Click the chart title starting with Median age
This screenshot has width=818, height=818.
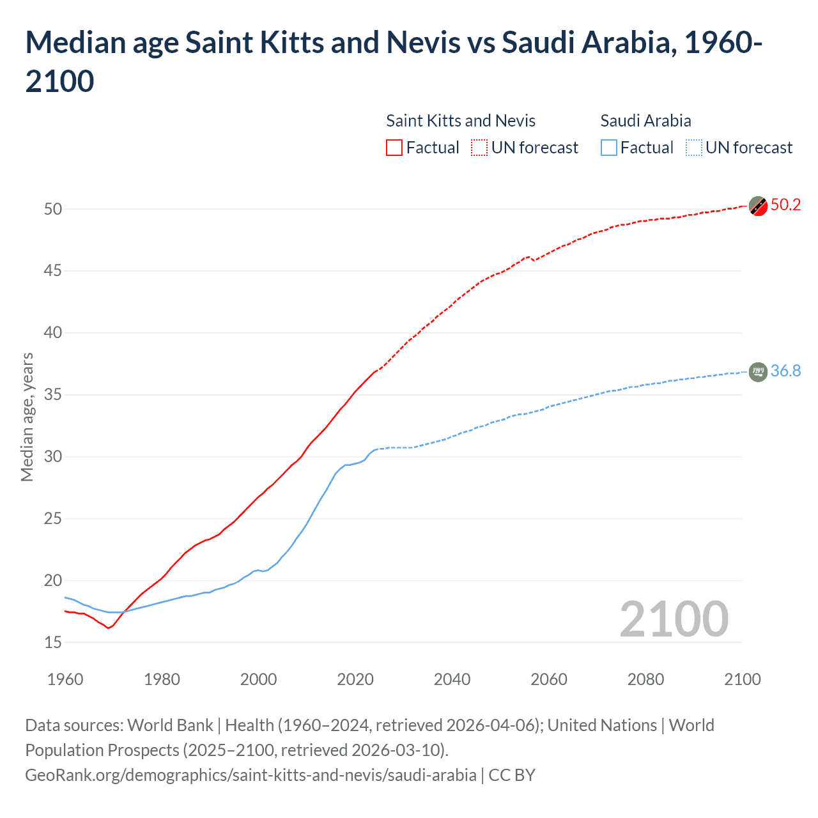coord(394,61)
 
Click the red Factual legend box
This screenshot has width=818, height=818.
coord(394,148)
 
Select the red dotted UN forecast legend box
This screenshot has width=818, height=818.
coord(479,148)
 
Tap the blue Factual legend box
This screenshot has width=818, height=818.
coord(609,148)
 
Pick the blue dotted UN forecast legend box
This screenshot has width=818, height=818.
coord(694,148)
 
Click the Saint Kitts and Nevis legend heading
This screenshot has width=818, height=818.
coord(461,121)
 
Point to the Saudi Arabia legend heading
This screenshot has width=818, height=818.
coord(645,121)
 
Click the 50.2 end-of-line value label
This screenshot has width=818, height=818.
coord(785,204)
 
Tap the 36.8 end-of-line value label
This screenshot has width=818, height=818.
coord(785,371)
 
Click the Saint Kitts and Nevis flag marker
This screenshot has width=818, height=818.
coord(758,206)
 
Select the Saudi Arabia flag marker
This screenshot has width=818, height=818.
coord(758,371)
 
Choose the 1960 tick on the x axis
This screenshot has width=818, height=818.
coord(65,679)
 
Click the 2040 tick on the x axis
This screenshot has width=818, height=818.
coord(452,679)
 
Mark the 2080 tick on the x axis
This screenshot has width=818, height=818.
coord(645,679)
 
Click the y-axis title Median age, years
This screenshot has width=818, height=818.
coord(27,417)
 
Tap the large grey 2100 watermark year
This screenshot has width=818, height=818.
coord(674,619)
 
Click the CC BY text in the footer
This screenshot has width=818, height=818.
coord(512,775)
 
